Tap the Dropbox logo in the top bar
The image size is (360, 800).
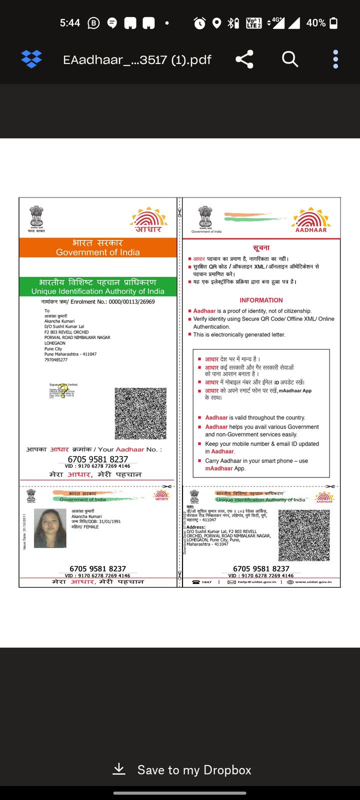(31, 59)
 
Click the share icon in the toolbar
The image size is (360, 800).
(244, 59)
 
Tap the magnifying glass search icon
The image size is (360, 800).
(290, 59)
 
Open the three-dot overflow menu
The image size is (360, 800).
(335, 59)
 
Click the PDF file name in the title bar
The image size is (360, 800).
(137, 60)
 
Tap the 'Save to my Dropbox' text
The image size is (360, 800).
(194, 770)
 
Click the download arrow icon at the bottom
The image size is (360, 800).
(119, 769)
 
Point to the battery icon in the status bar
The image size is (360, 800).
(334, 23)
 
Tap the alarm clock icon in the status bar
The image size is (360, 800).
(199, 23)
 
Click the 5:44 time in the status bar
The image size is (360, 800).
(70, 23)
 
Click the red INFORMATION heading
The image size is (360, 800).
(261, 300)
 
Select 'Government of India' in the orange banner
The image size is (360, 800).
(98, 252)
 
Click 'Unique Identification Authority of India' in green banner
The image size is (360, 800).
(98, 291)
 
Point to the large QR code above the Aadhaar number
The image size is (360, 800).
(140, 413)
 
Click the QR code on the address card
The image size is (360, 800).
(304, 535)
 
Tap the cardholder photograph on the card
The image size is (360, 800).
(50, 528)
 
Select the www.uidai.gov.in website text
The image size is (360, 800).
(313, 582)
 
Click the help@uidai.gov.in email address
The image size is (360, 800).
(256, 582)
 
